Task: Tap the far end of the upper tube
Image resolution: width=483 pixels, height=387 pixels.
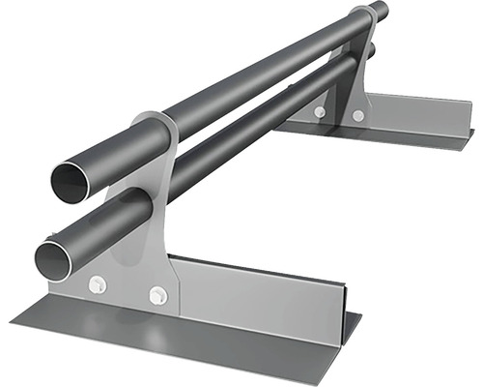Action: (379, 12)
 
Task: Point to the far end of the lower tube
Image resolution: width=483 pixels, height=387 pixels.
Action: (370, 50)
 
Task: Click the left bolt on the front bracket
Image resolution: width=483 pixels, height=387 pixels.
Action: (97, 283)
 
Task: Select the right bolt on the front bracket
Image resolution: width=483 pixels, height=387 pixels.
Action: (156, 293)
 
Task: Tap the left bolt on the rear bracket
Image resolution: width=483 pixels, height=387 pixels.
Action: (320, 112)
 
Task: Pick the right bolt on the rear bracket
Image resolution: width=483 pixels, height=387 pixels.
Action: (358, 116)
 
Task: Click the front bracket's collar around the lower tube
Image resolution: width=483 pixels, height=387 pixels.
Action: (140, 208)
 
